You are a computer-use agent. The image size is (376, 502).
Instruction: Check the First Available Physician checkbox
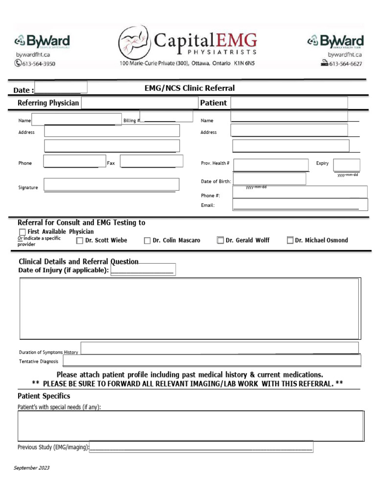[22, 232]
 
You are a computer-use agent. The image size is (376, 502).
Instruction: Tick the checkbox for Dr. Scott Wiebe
[80, 241]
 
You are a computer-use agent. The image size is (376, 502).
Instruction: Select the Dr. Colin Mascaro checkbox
[147, 241]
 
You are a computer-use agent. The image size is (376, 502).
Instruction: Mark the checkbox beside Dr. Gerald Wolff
[220, 240]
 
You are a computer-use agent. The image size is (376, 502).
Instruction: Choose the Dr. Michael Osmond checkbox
[290, 240]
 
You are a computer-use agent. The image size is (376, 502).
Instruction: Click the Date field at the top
[61, 87]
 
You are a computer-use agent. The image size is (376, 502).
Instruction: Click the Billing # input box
[166, 116]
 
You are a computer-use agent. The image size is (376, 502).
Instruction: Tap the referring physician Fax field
[151, 161]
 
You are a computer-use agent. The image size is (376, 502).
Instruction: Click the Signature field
[111, 184]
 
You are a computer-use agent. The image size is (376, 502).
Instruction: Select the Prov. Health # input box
[271, 165]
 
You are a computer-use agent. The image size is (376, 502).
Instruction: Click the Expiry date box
[346, 165]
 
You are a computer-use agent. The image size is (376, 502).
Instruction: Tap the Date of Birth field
[269, 179]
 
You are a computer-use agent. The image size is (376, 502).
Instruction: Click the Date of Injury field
[143, 270]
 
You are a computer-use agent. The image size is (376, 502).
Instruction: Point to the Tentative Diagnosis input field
[211, 361]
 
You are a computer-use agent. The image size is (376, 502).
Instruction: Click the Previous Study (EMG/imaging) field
[201, 447]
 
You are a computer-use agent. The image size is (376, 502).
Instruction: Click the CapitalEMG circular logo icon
[134, 43]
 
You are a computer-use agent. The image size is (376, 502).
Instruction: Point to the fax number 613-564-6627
[345, 63]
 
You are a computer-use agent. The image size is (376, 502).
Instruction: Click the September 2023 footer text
[31, 468]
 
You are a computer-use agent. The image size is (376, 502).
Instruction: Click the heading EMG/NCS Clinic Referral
[189, 88]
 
